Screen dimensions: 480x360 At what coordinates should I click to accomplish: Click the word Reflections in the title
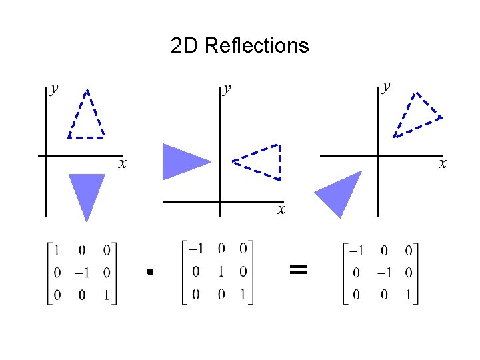[257, 45]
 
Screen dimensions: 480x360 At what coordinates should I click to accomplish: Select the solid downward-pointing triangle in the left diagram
[87, 191]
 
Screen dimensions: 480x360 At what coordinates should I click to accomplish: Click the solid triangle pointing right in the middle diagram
[182, 161]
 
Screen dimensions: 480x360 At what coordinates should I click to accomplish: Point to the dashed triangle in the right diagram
[417, 115]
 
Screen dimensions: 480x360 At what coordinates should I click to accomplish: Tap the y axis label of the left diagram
[53, 89]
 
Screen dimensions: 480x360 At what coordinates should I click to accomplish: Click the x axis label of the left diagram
[123, 163]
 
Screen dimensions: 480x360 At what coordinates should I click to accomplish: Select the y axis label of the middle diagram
[227, 89]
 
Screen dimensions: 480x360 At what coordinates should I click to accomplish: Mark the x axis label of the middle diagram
[281, 210]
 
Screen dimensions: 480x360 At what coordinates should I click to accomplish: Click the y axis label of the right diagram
[386, 87]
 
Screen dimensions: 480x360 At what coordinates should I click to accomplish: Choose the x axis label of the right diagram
[442, 163]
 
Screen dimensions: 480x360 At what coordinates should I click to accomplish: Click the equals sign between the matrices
[298, 270]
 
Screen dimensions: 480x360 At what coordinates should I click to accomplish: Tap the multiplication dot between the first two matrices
[151, 271]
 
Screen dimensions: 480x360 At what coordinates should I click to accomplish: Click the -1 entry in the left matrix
[81, 273]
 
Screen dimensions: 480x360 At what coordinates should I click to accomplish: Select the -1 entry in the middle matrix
[196, 249]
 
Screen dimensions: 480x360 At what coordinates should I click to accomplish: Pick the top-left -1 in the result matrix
[357, 251]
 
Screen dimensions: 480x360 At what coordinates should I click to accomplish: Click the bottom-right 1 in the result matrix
[408, 293]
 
